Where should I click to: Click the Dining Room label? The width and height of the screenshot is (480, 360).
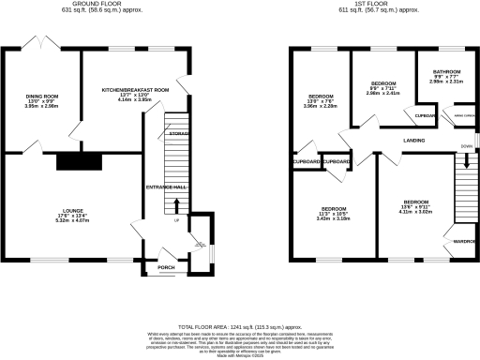(x=42, y=96)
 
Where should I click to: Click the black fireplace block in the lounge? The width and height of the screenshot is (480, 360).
(x=70, y=162)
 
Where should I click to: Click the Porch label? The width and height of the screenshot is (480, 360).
(x=166, y=266)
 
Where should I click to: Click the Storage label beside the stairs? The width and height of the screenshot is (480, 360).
(x=178, y=134)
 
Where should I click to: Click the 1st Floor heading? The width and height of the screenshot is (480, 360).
(x=372, y=5)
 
